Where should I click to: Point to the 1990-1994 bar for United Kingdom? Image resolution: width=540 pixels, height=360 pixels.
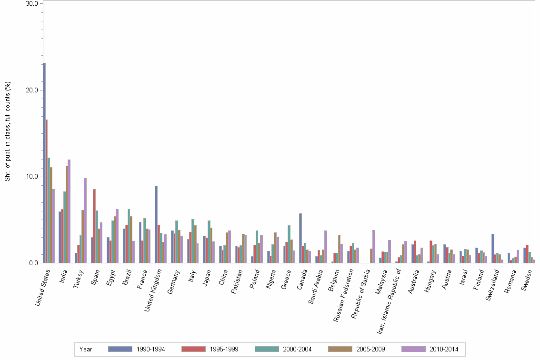[156, 224]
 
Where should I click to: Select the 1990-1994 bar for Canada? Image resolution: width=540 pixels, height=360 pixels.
[300, 238]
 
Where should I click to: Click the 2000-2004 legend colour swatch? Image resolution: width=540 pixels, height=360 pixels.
[267, 349]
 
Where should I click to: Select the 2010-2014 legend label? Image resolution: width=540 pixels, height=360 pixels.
[444, 349]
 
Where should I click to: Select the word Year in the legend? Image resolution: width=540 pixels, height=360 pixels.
[86, 349]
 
